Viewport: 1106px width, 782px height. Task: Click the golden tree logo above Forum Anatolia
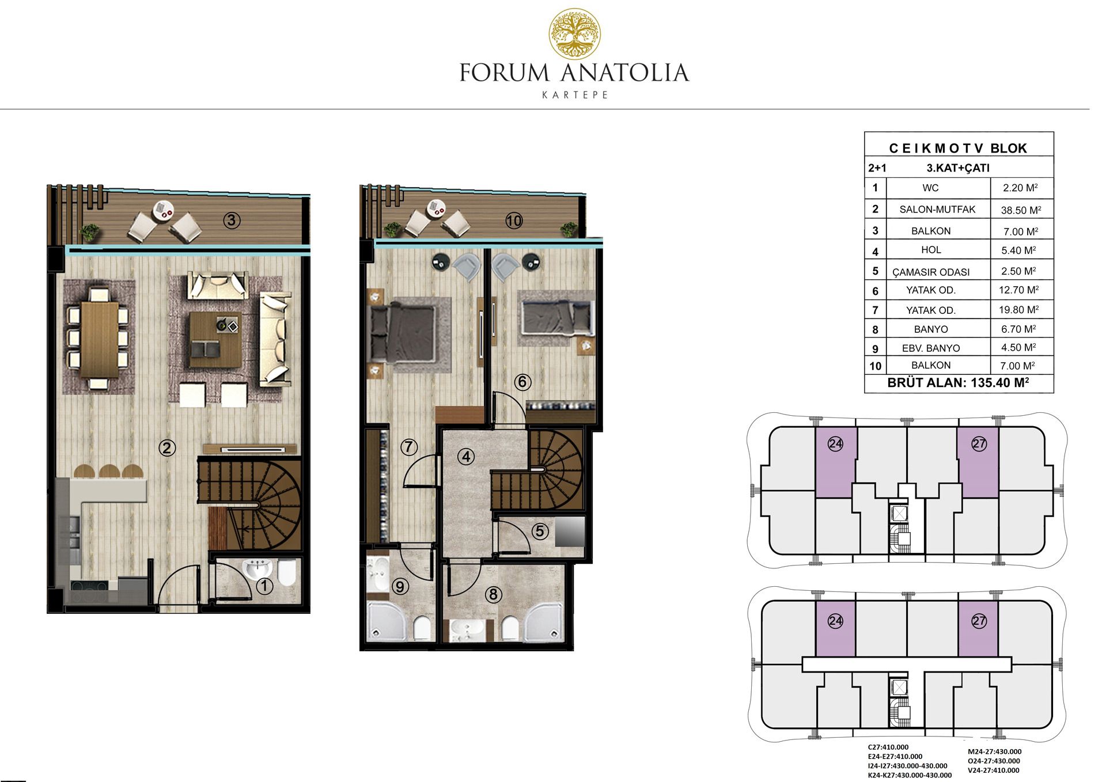click(x=574, y=34)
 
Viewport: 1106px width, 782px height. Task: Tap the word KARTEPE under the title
click(x=575, y=95)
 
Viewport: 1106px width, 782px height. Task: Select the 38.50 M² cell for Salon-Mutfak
click(x=1021, y=210)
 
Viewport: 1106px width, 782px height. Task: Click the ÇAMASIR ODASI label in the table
click(x=931, y=272)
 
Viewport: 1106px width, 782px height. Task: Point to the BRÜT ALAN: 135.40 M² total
click(x=958, y=382)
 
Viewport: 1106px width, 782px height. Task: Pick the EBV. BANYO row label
click(x=931, y=348)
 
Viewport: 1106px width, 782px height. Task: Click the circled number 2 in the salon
click(x=167, y=447)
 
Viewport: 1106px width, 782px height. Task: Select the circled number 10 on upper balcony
click(x=514, y=220)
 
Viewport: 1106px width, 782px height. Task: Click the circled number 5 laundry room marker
click(x=540, y=531)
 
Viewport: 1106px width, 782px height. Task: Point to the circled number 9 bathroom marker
click(x=400, y=586)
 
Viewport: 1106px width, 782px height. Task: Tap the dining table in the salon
click(x=100, y=339)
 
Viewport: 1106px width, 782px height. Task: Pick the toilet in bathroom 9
click(x=422, y=628)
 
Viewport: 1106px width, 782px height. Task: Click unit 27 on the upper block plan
click(x=978, y=462)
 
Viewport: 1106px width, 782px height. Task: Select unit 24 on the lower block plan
click(x=835, y=628)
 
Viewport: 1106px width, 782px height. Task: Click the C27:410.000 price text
click(x=888, y=747)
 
